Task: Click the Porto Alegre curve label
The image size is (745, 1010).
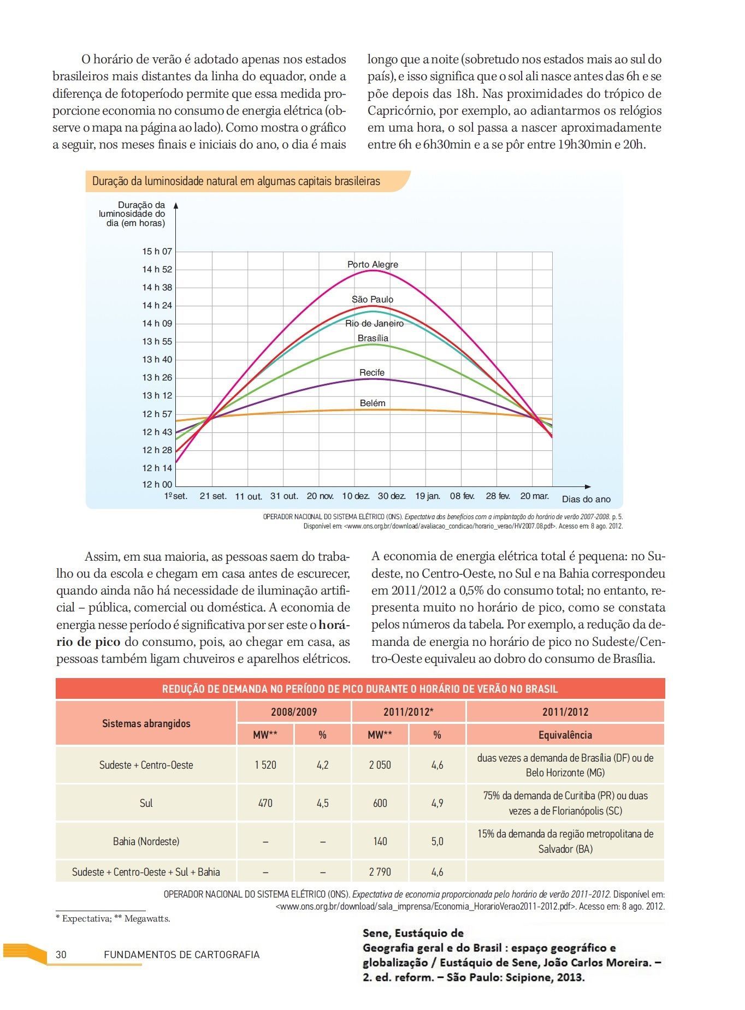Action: (372, 265)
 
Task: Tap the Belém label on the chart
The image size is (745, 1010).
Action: (372, 403)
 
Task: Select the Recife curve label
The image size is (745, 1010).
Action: (372, 373)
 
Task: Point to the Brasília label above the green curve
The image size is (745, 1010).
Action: (373, 338)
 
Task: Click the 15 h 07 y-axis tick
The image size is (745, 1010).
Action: (157, 252)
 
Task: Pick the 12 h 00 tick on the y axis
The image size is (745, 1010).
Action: (157, 485)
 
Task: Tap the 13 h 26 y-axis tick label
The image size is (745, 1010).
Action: (157, 378)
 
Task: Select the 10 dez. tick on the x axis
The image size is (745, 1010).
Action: (356, 496)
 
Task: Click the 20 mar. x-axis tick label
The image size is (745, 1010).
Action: (534, 496)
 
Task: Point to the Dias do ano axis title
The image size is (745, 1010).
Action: (586, 500)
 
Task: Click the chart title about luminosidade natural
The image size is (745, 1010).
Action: (236, 181)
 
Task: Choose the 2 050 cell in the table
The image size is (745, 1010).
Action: (380, 765)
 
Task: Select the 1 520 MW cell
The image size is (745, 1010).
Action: (265, 765)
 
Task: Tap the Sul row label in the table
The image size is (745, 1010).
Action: (146, 804)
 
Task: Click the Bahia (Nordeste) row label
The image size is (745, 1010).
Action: (146, 842)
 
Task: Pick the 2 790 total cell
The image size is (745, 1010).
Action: (380, 872)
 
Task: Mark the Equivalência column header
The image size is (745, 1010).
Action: (565, 735)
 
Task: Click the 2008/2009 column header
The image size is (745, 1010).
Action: (294, 712)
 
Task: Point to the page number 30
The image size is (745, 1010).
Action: (61, 955)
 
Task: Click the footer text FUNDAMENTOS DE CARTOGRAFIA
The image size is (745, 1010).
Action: (181, 955)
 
